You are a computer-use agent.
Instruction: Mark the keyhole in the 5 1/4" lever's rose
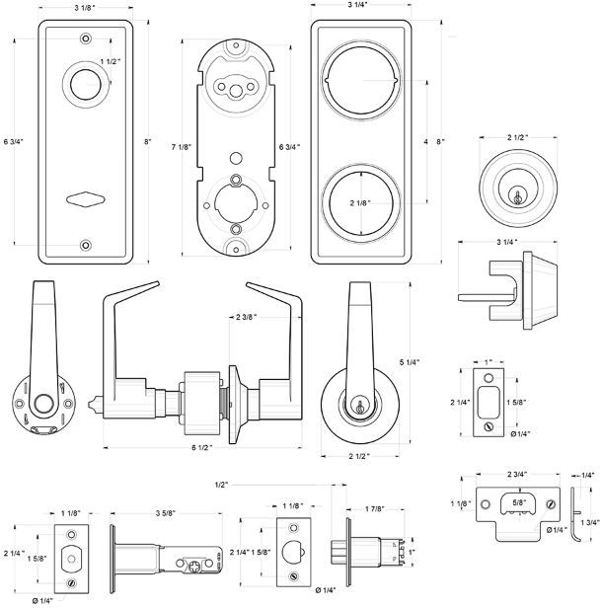(360, 405)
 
